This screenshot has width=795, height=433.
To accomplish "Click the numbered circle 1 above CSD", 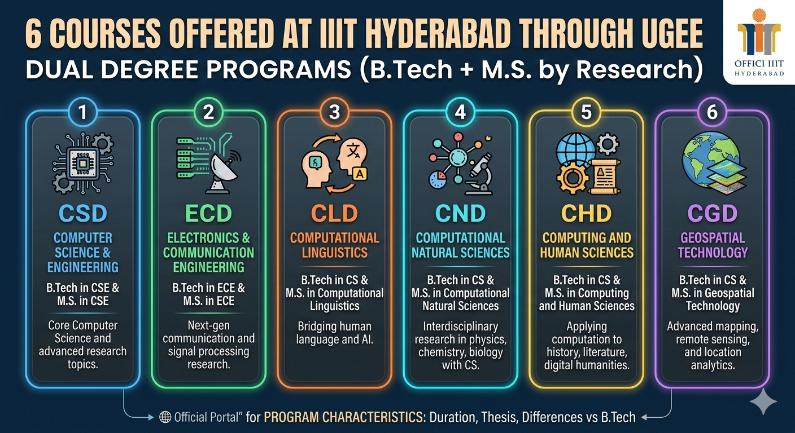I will tap(83, 112).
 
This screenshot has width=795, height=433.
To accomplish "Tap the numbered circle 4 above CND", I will tap(460, 112).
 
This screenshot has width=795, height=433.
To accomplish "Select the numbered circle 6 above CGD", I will tap(712, 112).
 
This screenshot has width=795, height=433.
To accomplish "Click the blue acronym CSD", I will tap(82, 214).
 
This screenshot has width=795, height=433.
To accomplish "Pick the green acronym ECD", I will tap(208, 214).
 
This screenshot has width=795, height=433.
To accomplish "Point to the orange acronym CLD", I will tap(334, 214).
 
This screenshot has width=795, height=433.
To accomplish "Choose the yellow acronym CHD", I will tap(586, 214).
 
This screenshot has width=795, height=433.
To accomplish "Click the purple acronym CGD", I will tap(712, 214).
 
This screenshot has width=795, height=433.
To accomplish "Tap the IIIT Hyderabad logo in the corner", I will tap(758, 39).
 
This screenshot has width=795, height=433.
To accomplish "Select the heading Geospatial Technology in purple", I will tap(712, 245).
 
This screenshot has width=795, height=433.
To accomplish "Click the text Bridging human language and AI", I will tap(334, 333).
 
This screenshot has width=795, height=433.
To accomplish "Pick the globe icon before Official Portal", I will tap(165, 417).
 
